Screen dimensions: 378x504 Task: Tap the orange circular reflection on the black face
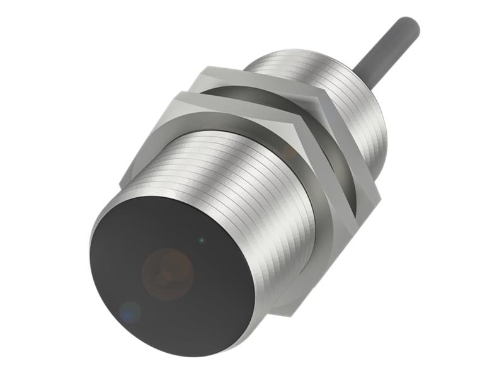pyautogui.click(x=167, y=273)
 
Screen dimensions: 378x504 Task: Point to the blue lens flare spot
pyautogui.click(x=130, y=311)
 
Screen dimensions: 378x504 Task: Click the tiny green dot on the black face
pyautogui.click(x=201, y=239)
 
